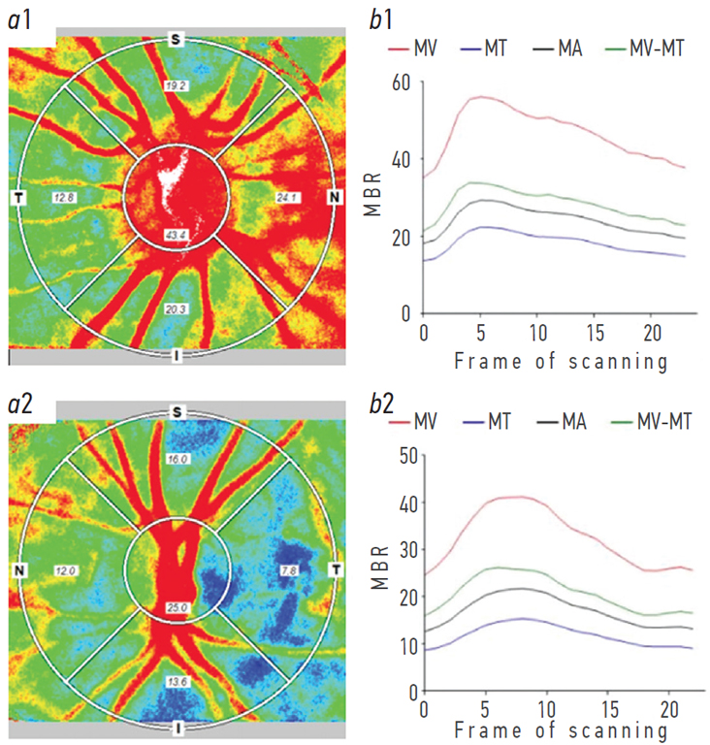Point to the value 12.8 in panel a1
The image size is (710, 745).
(x=65, y=197)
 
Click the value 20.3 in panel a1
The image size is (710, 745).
(x=175, y=308)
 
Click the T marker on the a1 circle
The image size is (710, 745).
(x=17, y=198)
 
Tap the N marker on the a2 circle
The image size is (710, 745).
(x=18, y=569)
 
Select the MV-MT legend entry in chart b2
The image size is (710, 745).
(x=662, y=422)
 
